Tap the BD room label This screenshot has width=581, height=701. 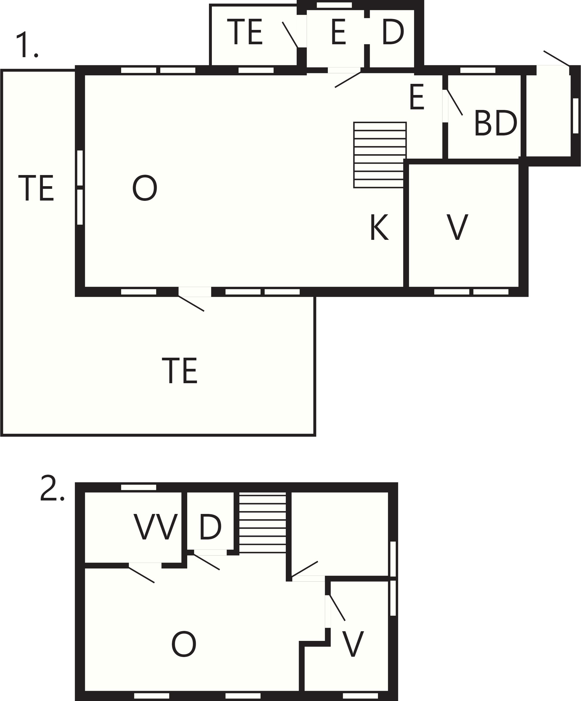[496, 123]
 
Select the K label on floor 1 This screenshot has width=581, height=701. [379, 227]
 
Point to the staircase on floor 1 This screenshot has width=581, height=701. [380, 155]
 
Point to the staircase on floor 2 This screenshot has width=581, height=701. [263, 523]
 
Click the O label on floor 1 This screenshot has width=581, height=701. [145, 188]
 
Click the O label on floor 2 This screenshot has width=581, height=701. [184, 644]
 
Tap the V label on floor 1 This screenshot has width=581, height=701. [457, 227]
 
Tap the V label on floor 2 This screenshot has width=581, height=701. [353, 644]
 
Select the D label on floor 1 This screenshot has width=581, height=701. [393, 32]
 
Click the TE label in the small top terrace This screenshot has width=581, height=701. [245, 32]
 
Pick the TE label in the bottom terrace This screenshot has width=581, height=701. [180, 371]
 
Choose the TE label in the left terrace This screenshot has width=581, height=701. [36, 188]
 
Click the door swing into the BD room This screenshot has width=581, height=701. [455, 103]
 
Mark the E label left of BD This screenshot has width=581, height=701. [417, 97]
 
